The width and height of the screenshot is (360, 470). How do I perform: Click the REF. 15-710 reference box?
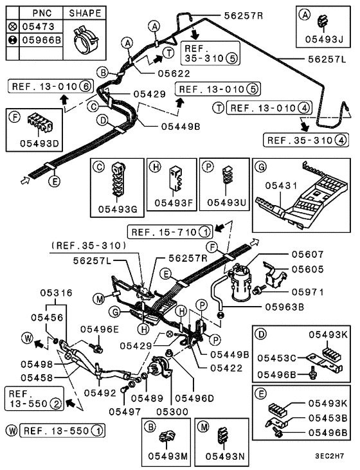[x=170, y=231]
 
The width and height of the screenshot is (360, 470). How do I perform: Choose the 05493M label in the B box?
[x=166, y=456]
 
